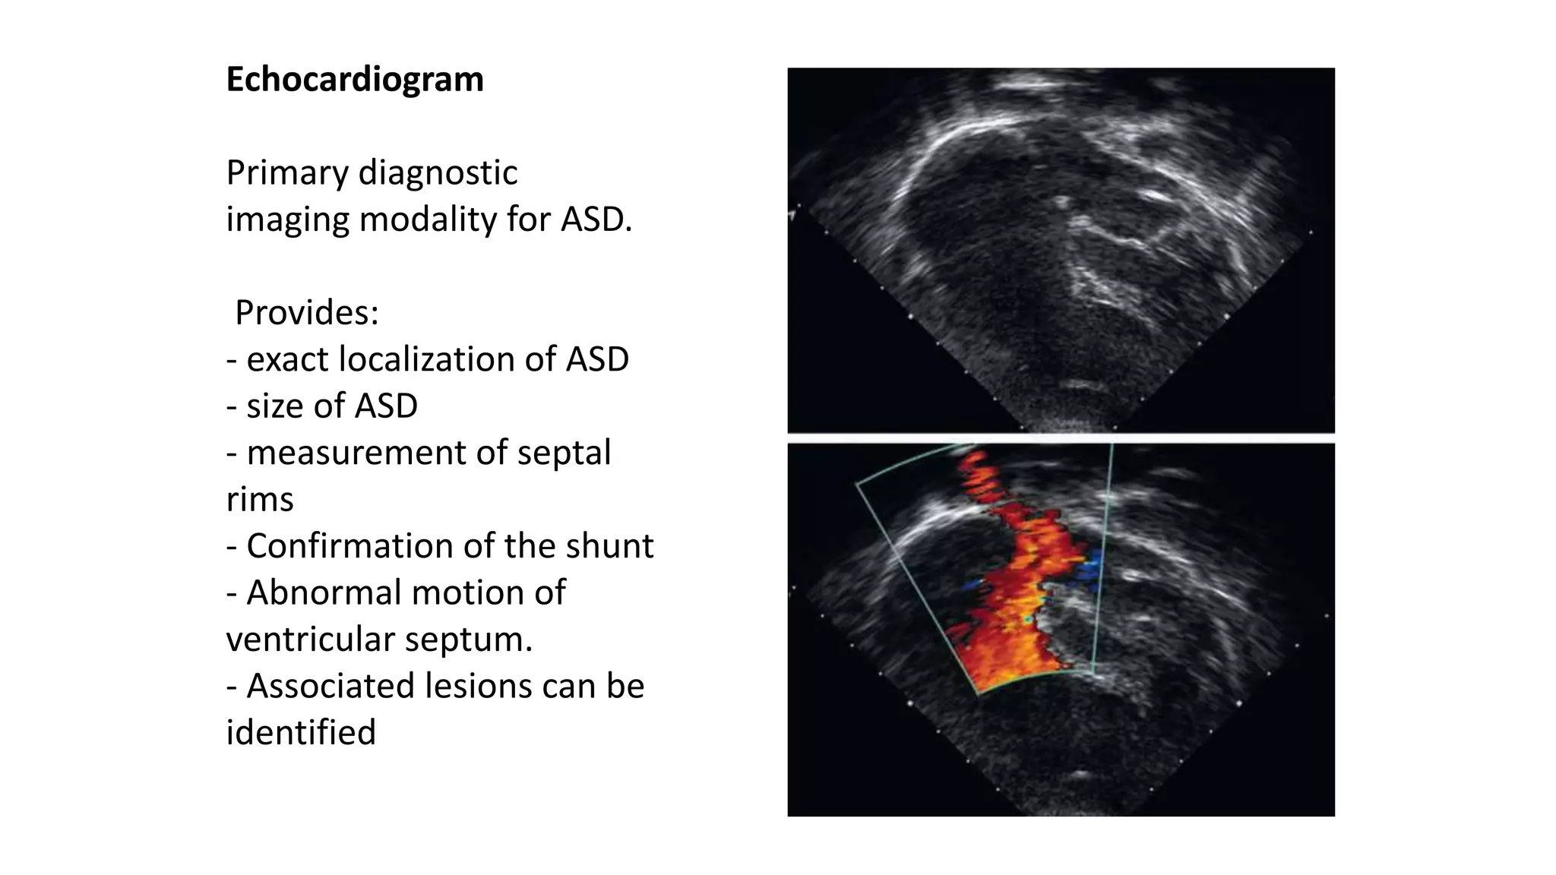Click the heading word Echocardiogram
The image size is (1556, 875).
click(x=355, y=80)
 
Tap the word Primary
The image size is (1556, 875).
click(x=287, y=173)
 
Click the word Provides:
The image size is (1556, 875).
click(x=307, y=313)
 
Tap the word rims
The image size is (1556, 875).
click(x=260, y=500)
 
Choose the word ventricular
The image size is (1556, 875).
click(x=310, y=640)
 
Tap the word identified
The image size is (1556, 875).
click(x=301, y=733)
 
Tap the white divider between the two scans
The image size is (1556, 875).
click(x=1061, y=438)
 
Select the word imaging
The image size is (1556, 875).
click(x=286, y=220)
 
